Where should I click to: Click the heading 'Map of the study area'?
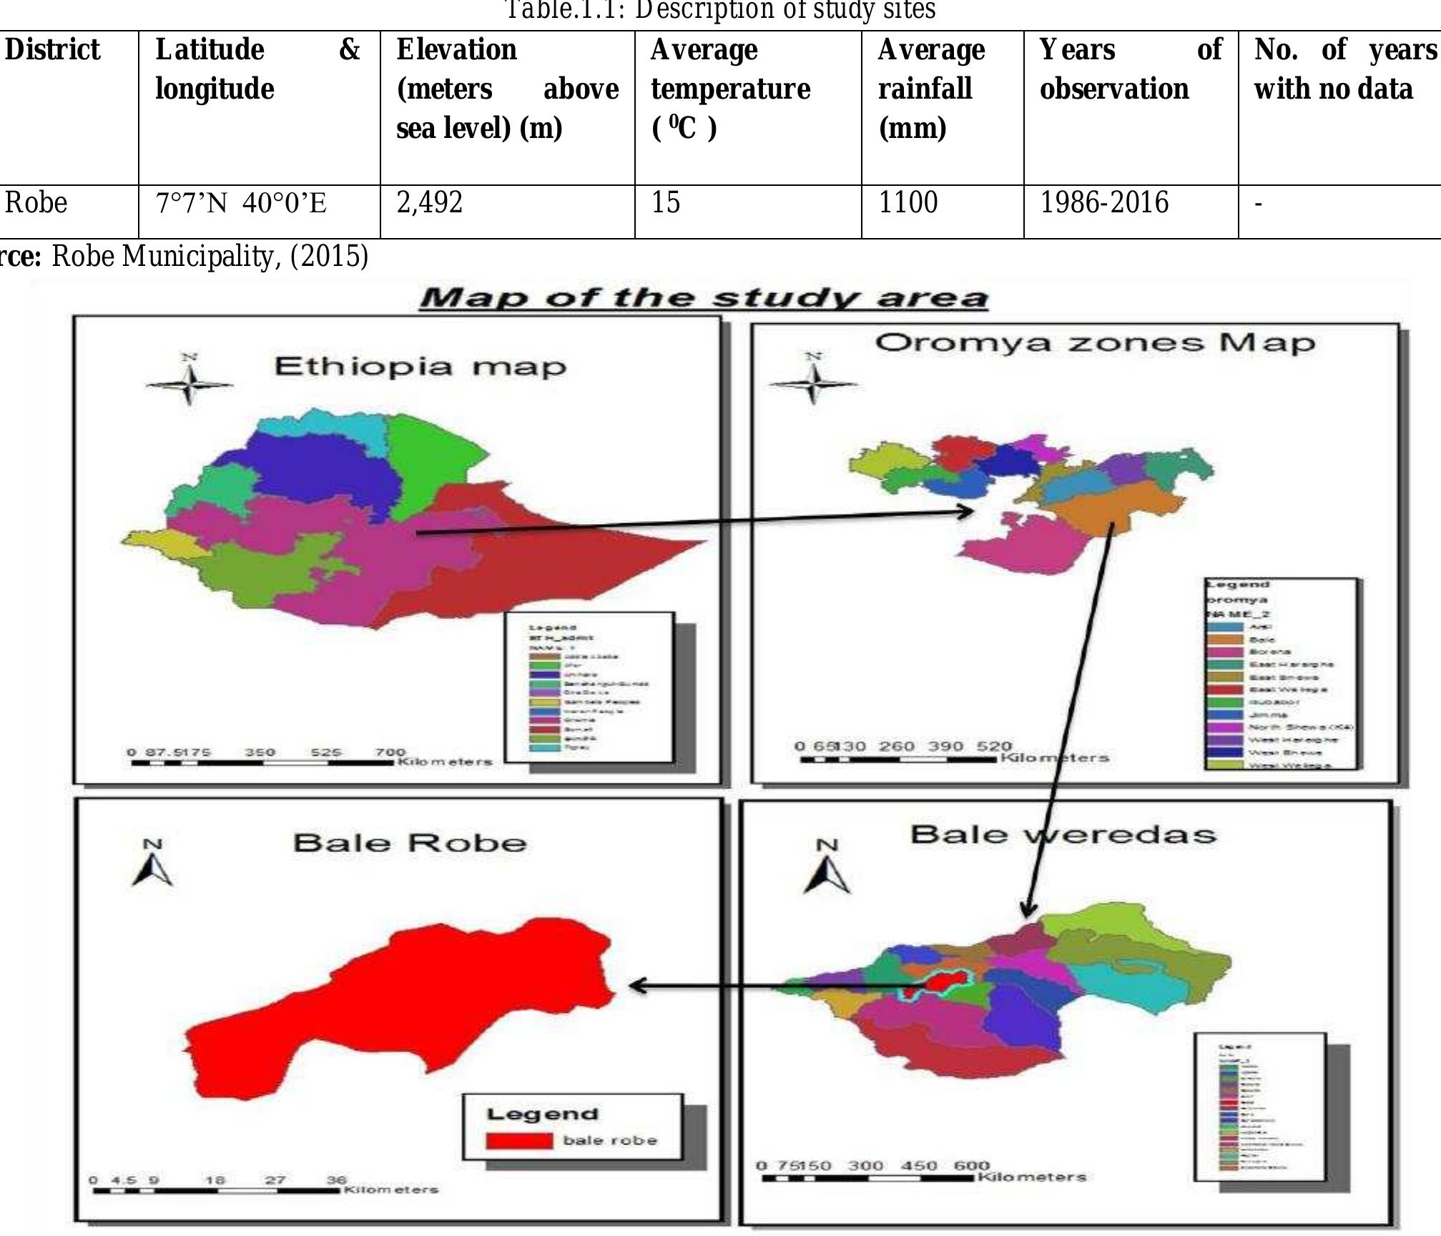(704, 297)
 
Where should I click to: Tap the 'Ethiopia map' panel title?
(421, 367)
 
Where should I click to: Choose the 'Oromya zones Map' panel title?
(1095, 343)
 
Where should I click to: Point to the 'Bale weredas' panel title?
(1063, 834)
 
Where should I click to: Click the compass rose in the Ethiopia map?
(190, 384)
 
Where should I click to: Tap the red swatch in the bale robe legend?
(518, 1140)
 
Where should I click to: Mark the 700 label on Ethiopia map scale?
(390, 752)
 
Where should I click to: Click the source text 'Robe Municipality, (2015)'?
(210, 256)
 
